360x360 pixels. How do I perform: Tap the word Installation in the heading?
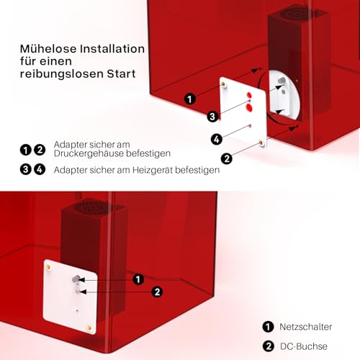pyautogui.click(x=112, y=49)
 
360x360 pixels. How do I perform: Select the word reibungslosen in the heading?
pyautogui.click(x=62, y=73)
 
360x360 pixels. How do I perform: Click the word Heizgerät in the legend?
pyautogui.click(x=153, y=170)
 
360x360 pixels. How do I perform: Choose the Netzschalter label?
pyautogui.click(x=305, y=327)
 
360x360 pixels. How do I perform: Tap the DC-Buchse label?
pyautogui.click(x=304, y=346)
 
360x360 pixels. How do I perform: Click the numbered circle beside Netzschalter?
pyautogui.click(x=268, y=327)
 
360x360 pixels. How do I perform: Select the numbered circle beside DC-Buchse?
pyautogui.click(x=268, y=346)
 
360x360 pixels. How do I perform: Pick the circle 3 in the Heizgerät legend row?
pyautogui.click(x=26, y=170)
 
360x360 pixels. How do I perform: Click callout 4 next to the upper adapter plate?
pyautogui.click(x=217, y=140)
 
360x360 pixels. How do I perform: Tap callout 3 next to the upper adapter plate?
pyautogui.click(x=212, y=117)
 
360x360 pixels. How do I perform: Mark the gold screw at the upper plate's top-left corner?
pyautogui.click(x=223, y=84)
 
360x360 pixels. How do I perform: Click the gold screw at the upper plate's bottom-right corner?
pyautogui.click(x=261, y=143)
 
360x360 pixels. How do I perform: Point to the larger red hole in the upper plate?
pyautogui.click(x=249, y=108)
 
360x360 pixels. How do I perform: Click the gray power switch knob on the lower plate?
pyautogui.click(x=75, y=279)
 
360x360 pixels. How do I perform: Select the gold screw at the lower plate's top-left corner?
pyautogui.click(x=48, y=267)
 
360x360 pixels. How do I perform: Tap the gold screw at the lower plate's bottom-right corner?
pyautogui.click(x=89, y=328)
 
